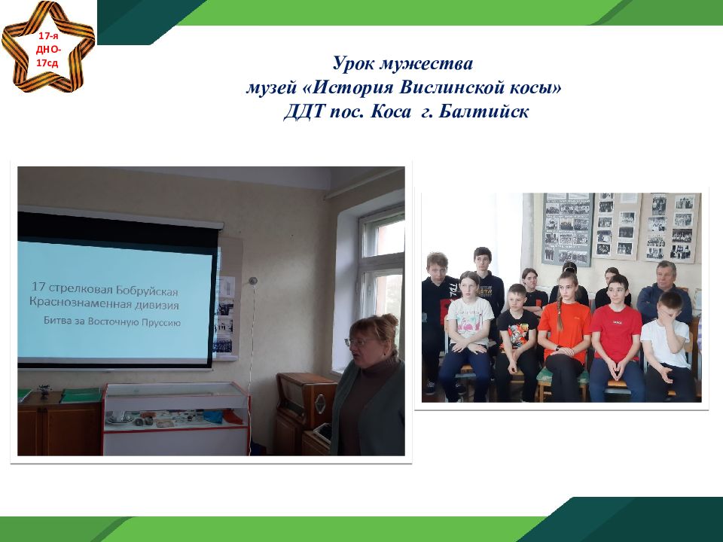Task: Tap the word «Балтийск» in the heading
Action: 484,111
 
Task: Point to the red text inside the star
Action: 48,50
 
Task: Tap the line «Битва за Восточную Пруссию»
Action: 112,321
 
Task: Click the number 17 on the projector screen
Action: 38,287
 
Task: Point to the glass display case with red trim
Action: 176,418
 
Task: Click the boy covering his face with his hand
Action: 668,346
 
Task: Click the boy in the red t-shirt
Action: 616,339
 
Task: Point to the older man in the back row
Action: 664,291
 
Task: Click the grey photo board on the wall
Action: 567,229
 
